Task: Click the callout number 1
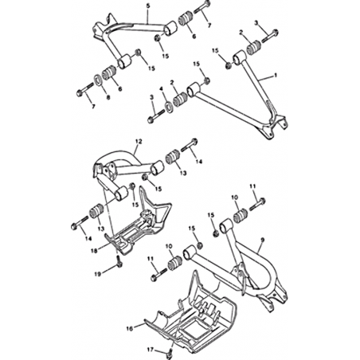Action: click(x=276, y=76)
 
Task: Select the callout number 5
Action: click(x=148, y=6)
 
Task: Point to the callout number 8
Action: click(x=108, y=97)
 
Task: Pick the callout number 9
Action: click(x=263, y=241)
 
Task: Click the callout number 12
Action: click(x=139, y=142)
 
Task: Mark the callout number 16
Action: click(x=129, y=329)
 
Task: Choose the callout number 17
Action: click(x=151, y=350)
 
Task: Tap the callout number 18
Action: click(x=94, y=250)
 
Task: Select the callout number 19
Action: click(x=98, y=274)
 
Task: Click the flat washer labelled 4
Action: click(x=169, y=106)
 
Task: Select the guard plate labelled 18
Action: click(x=138, y=223)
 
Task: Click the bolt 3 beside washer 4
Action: click(x=158, y=116)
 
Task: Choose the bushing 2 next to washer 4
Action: click(x=180, y=99)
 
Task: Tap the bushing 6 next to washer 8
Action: click(x=109, y=72)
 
